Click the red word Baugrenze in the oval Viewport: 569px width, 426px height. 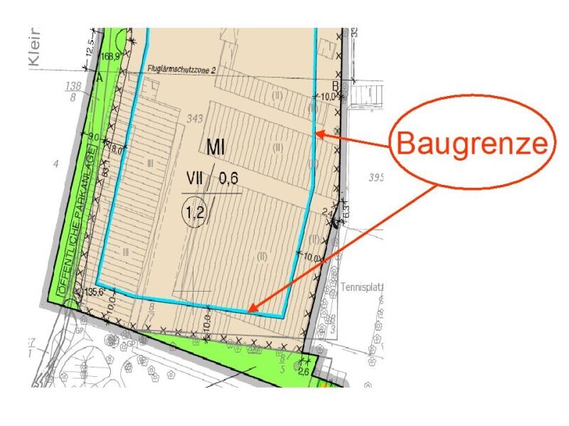pyautogui.click(x=471, y=144)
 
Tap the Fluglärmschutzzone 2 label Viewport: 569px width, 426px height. pyautogui.click(x=182, y=70)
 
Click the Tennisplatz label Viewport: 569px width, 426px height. pyautogui.click(x=363, y=287)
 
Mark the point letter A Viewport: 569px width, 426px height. pyautogui.click(x=99, y=78)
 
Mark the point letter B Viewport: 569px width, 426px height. pyautogui.click(x=335, y=88)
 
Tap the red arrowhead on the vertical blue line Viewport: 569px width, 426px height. pyautogui.click(x=320, y=132)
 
